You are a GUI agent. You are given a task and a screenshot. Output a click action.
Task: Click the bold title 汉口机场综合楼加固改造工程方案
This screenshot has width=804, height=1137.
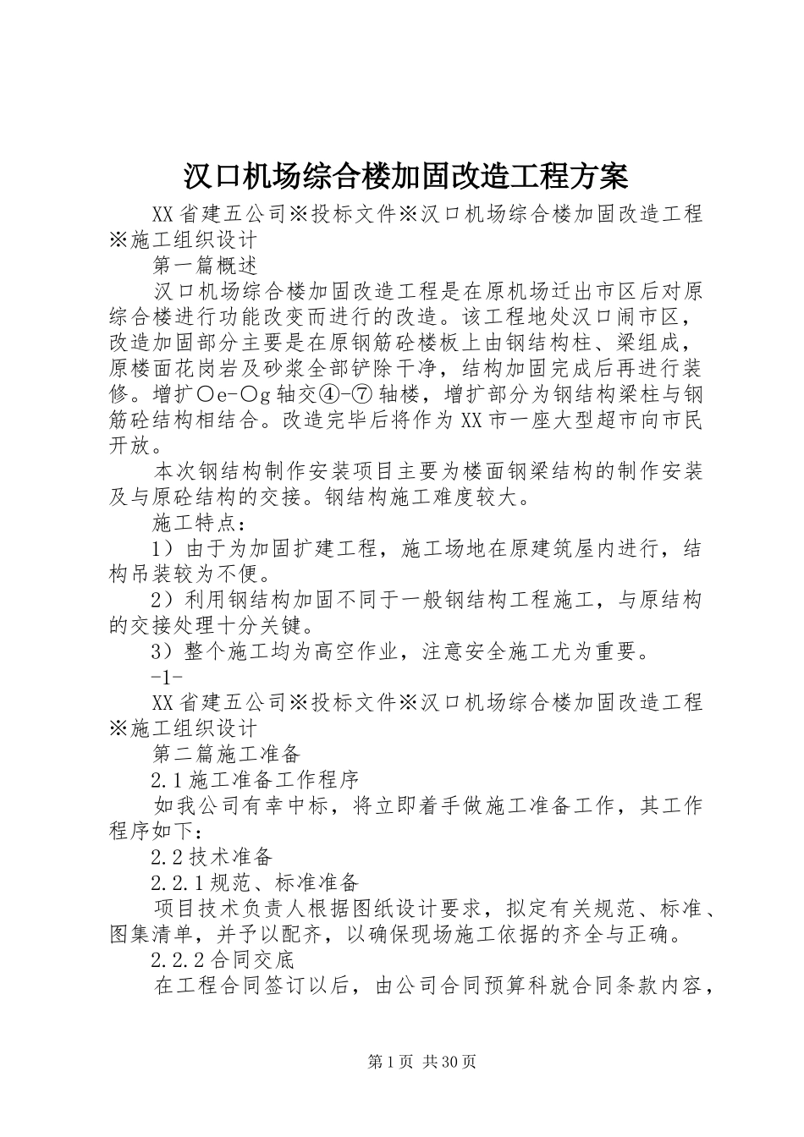[405, 177]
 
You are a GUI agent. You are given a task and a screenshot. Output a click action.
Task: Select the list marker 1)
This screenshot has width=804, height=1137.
[162, 548]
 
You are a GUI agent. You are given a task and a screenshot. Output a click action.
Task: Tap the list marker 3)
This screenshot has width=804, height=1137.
[162, 651]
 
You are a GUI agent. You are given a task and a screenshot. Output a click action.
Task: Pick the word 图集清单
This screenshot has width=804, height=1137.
[151, 935]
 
